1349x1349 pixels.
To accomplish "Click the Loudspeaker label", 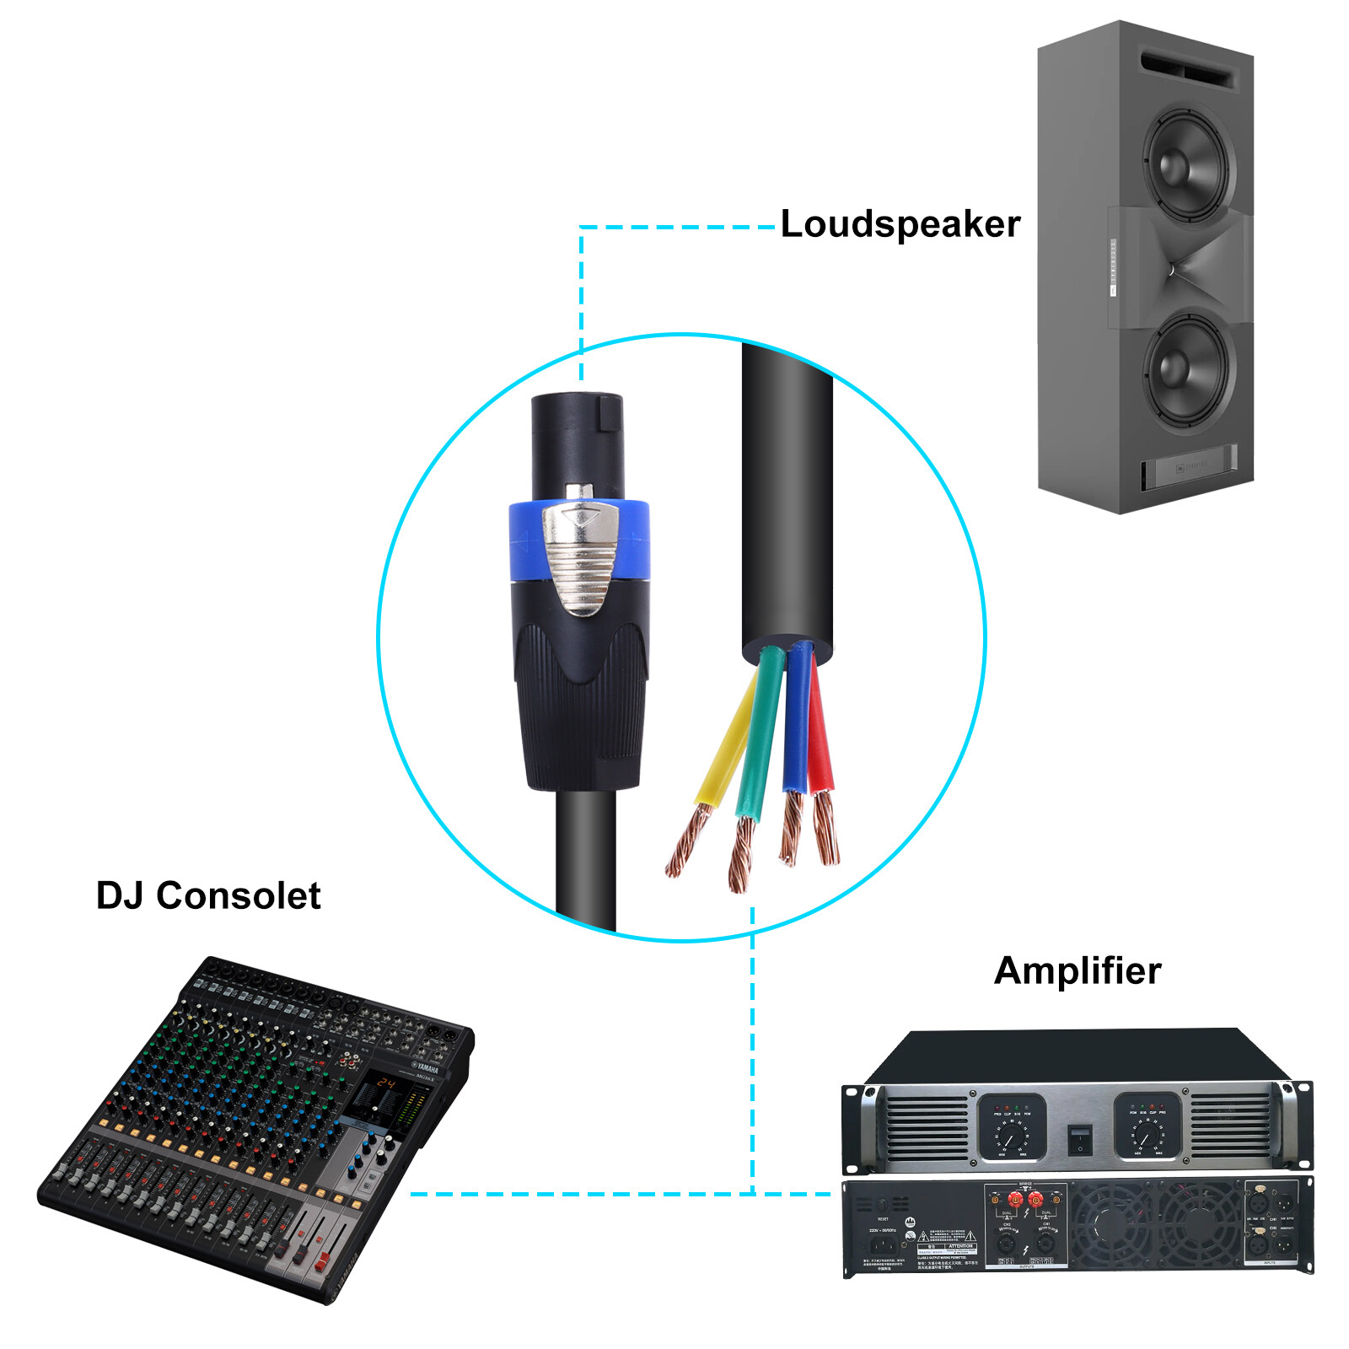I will click(900, 224).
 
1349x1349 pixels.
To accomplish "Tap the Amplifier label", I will click(1077, 970).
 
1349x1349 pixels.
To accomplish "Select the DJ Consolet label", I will click(208, 895).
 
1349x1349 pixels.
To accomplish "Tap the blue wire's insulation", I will click(796, 725).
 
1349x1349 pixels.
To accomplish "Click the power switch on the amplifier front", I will click(1080, 1140).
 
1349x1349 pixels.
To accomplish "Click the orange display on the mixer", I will click(385, 1083).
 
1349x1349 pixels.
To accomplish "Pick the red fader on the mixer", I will click(321, 1262).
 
